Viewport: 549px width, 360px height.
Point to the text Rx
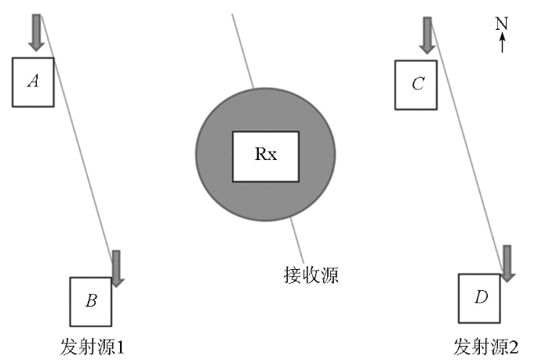click(266, 154)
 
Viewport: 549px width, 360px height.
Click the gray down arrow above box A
click(36, 33)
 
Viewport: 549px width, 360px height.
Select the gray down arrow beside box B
click(116, 268)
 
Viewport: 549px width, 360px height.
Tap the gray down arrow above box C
click(427, 35)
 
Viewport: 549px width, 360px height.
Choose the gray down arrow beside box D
click(507, 264)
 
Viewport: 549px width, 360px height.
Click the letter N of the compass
click(502, 24)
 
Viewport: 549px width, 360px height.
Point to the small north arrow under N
click(503, 42)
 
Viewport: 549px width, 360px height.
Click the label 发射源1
click(93, 347)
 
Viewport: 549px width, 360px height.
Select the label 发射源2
click(486, 347)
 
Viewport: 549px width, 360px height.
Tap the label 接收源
click(311, 275)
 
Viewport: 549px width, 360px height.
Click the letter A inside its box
click(33, 82)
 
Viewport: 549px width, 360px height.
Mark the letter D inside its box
click(481, 297)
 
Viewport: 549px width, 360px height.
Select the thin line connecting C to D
click(467, 147)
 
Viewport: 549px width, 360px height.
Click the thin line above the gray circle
click(243, 51)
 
